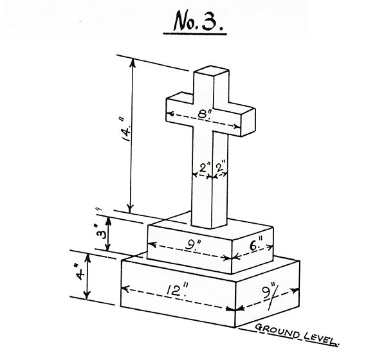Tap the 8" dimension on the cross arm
point(203,114)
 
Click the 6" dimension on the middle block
point(256,244)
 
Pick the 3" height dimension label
point(101,232)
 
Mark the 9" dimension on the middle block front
point(194,244)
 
